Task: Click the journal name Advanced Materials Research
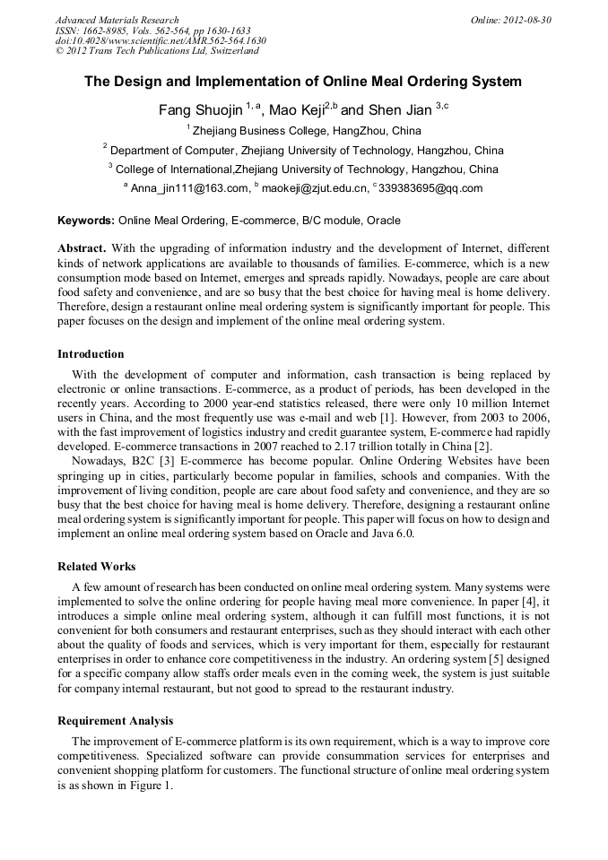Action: click(x=117, y=20)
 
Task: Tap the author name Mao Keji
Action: click(x=297, y=111)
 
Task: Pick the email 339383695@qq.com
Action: click(x=431, y=188)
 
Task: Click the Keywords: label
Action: click(x=86, y=221)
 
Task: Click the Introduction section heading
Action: click(x=91, y=354)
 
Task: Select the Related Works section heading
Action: click(x=97, y=567)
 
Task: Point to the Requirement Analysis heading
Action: click(x=115, y=721)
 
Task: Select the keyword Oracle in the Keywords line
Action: click(x=382, y=221)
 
